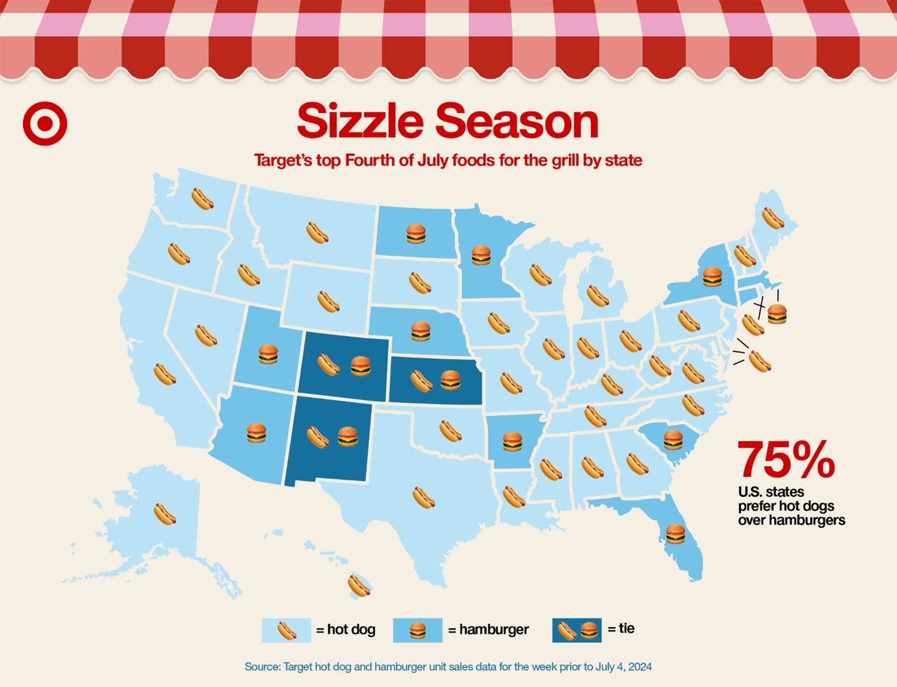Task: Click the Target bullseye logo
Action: point(45,124)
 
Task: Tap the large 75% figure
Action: point(786,460)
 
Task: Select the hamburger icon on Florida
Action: point(675,533)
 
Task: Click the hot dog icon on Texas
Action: point(423,497)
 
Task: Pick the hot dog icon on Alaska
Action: point(165,514)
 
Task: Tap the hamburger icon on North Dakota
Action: point(416,234)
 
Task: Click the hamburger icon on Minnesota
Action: point(481,255)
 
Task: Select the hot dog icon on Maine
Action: point(773,218)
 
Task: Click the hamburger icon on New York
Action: point(712,277)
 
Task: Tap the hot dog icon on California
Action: point(164,374)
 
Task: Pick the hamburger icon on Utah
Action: point(268,354)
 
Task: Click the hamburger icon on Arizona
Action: point(256,432)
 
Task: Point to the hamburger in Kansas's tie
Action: point(450,380)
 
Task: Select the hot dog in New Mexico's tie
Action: point(318,437)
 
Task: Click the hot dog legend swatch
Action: point(286,630)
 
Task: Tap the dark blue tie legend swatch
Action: point(576,630)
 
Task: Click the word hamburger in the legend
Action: point(494,630)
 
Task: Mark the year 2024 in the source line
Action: point(639,667)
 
